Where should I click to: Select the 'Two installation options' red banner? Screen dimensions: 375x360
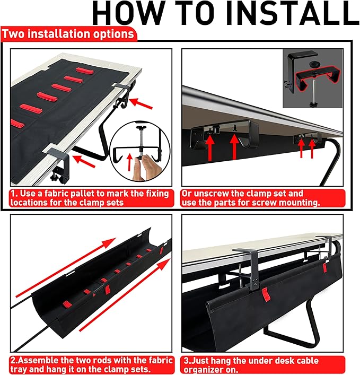pyautogui.click(x=68, y=34)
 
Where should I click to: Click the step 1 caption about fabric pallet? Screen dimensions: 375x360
pyautogui.click(x=91, y=198)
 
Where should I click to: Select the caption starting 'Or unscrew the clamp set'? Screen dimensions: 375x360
pyautogui.click(x=262, y=198)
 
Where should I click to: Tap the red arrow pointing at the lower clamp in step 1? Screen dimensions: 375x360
pyautogui.click(x=85, y=158)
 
